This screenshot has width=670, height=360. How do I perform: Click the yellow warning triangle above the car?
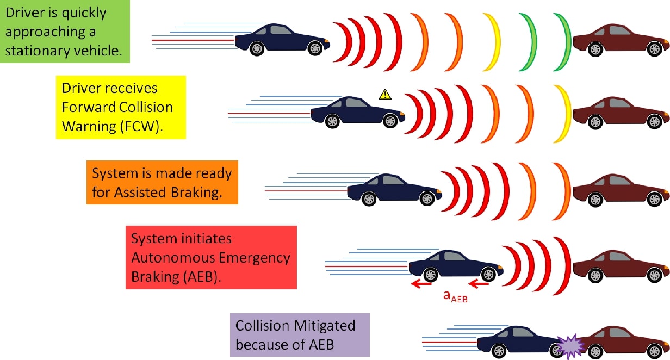click(x=385, y=95)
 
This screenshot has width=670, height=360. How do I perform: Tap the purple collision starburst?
click(x=569, y=345)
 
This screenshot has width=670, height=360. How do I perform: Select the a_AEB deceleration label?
click(x=455, y=296)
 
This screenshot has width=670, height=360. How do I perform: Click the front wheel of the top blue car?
click(x=314, y=48)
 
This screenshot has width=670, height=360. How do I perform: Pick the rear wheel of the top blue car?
click(x=255, y=48)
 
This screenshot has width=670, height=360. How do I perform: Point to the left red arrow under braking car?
click(x=421, y=283)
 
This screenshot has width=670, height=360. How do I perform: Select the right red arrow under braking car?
click(x=479, y=283)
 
